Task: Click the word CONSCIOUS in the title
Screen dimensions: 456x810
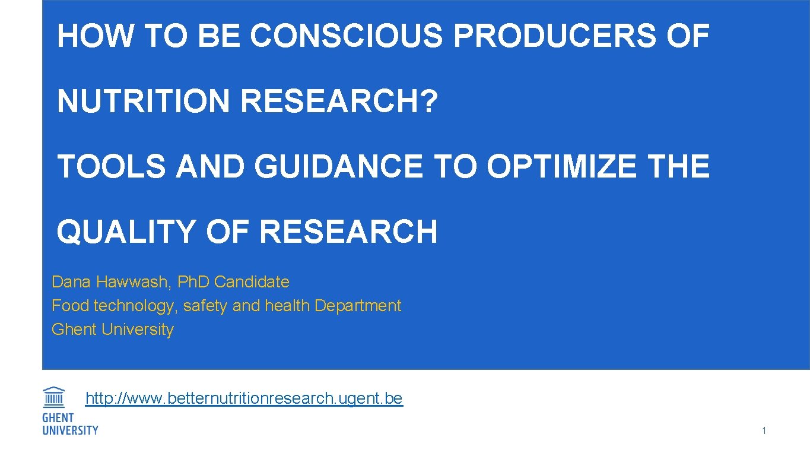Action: [x=346, y=36]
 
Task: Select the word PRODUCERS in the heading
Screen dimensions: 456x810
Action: [x=554, y=36]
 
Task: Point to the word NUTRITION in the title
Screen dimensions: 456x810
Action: [x=143, y=101]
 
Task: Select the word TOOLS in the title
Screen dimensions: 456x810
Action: [x=112, y=166]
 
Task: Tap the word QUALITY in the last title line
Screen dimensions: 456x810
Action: [x=126, y=232]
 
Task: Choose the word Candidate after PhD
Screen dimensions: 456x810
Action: [x=252, y=281]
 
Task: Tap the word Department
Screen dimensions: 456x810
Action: [x=358, y=306]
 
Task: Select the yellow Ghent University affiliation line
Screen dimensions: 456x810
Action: [x=113, y=330]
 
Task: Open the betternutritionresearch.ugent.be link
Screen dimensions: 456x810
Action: [x=244, y=398]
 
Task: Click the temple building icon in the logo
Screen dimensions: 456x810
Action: [x=54, y=397]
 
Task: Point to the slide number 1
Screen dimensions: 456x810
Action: [x=764, y=431]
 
